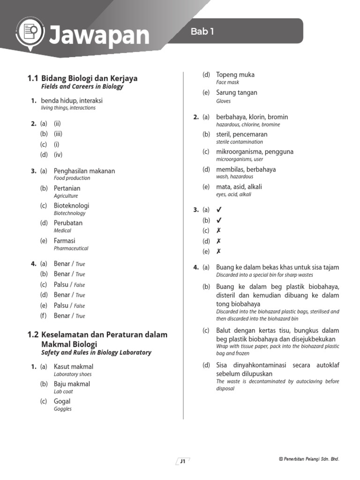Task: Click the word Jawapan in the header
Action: click(x=99, y=36)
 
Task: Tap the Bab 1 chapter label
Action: click(x=202, y=32)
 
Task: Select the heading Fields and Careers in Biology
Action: click(x=82, y=87)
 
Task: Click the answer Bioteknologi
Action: click(x=71, y=205)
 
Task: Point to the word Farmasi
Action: click(x=64, y=240)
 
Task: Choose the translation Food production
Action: click(x=72, y=178)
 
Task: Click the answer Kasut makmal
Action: click(x=74, y=367)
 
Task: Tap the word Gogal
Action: click(x=62, y=401)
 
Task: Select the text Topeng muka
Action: click(x=235, y=75)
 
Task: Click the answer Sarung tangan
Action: click(x=236, y=92)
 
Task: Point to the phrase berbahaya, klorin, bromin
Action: click(x=252, y=117)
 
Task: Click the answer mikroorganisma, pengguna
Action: click(x=255, y=152)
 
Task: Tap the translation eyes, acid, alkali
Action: click(x=233, y=194)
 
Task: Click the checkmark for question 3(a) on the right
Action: click(x=218, y=210)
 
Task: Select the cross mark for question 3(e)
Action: click(x=218, y=251)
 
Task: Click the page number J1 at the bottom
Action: click(x=182, y=461)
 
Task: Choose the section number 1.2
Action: click(x=33, y=335)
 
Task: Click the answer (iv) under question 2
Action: click(x=58, y=154)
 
